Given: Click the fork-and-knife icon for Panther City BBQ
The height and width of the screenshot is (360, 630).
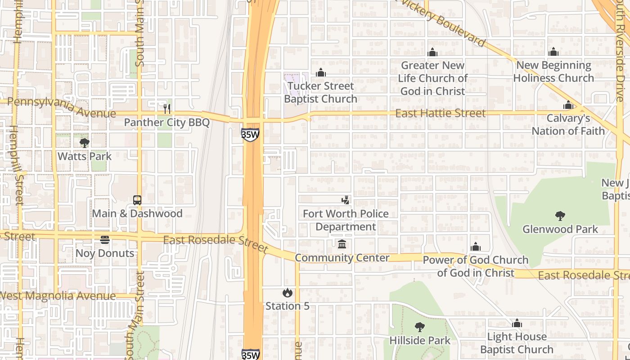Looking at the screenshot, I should tap(167, 108).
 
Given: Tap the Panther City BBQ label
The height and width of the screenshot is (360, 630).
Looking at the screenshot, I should tap(166, 122).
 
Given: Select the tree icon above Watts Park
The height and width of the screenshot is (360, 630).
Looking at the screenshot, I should tap(84, 143).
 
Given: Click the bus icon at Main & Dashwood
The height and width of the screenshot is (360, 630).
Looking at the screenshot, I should tap(137, 200).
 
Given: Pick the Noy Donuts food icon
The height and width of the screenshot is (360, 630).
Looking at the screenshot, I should tap(105, 240).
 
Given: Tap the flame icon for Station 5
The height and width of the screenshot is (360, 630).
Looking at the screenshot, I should tap(288, 293).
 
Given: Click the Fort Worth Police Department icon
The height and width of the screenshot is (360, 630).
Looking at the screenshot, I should tap(346, 200).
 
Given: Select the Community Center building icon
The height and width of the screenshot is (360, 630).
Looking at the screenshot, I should tap(342, 244).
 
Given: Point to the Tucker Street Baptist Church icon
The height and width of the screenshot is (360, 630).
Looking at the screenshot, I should tap(320, 72).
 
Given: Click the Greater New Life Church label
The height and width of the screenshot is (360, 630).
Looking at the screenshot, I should tap(432, 78).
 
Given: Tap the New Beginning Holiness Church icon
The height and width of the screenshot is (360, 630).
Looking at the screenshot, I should tap(553, 52).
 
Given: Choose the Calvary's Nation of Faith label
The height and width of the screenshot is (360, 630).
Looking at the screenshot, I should tap(568, 125).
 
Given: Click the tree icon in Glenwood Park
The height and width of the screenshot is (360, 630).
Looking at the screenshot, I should tap(560, 216).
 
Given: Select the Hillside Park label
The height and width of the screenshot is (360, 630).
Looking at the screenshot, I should tap(420, 340).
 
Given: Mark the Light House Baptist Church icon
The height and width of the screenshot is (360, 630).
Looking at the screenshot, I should tap(517, 323).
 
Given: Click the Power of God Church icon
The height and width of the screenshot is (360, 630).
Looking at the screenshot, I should tap(476, 247).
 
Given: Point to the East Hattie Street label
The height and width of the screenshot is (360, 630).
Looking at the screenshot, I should tap(440, 113).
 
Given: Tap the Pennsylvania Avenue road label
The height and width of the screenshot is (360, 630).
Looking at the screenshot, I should tap(62, 107).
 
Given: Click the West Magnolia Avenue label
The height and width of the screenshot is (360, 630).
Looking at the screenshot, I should tap(58, 296).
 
